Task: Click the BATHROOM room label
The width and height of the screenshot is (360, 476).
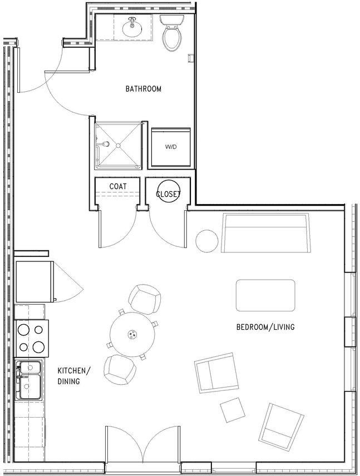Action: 143,88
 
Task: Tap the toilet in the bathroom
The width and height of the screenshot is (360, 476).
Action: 172,34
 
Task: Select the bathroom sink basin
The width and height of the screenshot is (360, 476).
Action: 132,28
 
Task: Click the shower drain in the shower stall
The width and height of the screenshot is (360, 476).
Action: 118,145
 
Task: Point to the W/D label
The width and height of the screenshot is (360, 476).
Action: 171,147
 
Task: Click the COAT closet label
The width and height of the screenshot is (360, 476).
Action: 117,186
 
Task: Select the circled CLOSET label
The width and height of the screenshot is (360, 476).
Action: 168,194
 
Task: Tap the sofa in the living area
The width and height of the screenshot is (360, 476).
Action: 266,233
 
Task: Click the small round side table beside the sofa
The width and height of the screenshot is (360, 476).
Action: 207,241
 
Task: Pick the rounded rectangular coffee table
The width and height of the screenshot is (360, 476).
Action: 265,295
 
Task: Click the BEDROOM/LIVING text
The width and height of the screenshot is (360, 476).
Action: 265,328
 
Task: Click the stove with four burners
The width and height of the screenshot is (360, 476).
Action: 31,339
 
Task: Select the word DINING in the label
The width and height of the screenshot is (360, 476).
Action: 68,381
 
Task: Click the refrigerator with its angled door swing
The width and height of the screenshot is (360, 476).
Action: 34,282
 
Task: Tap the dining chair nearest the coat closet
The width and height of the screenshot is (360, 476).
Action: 145,299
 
